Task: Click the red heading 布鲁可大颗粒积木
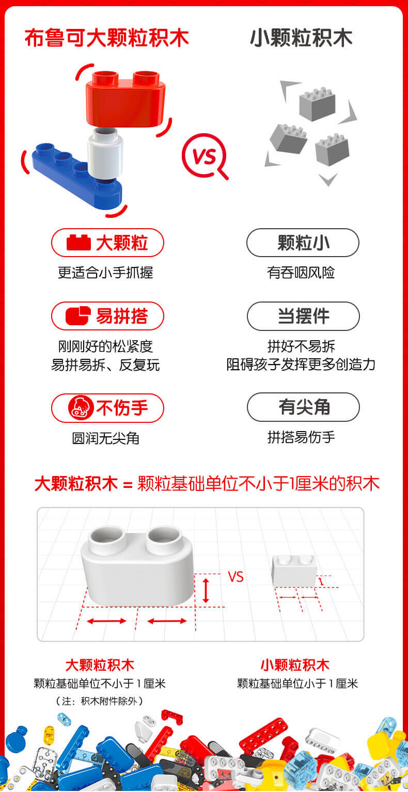tap(106, 38)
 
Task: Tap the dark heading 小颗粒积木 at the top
tap(301, 38)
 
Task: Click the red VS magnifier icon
tap(205, 156)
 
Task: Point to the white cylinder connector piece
tap(105, 153)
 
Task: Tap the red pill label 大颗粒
tap(107, 243)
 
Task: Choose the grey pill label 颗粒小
tap(303, 243)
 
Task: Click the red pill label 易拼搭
tap(107, 316)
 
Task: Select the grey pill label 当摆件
tap(303, 316)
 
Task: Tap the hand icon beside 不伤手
tap(81, 408)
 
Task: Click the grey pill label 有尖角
tap(303, 407)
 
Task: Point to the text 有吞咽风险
tap(301, 273)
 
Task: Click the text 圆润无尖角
tap(105, 438)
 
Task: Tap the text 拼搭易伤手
tap(301, 437)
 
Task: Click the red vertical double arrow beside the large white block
tap(206, 591)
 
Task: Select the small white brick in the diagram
tap(294, 571)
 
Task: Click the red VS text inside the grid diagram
tap(236, 577)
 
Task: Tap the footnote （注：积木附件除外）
tap(100, 701)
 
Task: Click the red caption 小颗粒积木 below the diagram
tap(295, 665)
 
